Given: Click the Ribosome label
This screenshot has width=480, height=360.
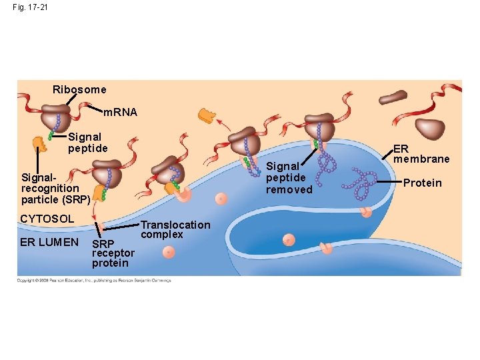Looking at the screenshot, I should click(79, 89).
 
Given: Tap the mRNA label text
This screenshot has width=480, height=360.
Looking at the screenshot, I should click(122, 113).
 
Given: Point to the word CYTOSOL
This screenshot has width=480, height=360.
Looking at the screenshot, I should click(47, 219).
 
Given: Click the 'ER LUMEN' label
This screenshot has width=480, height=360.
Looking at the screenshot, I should click(49, 242).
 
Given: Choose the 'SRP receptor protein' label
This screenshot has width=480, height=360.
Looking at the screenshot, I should click(113, 253).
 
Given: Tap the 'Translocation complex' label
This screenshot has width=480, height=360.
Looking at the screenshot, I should click(175, 229).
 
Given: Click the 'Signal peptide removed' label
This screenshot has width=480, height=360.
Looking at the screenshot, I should click(289, 178).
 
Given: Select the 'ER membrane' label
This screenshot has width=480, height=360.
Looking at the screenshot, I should click(421, 154).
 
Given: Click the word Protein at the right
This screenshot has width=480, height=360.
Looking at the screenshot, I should click(423, 183).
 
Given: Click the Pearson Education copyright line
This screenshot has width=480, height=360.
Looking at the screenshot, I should click(94, 281).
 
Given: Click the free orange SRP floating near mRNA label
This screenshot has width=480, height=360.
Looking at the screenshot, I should click(207, 116).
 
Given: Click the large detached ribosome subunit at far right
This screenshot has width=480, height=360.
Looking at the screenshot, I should click(430, 129).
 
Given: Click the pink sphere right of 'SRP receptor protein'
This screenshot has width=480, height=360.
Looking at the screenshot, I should click(169, 252).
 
